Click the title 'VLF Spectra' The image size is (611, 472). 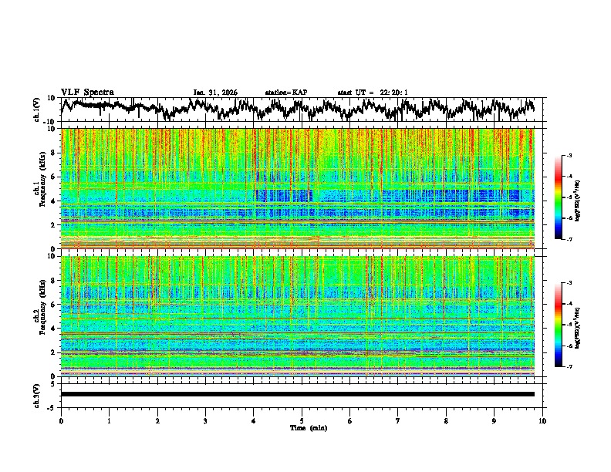click(x=87, y=92)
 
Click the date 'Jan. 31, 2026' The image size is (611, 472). click(x=215, y=93)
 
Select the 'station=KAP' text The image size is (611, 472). click(x=286, y=93)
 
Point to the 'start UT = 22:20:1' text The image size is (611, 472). click(x=373, y=93)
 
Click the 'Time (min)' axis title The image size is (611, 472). click(x=309, y=427)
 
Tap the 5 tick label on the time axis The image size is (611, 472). click(x=302, y=420)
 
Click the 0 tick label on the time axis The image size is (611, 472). click(x=61, y=420)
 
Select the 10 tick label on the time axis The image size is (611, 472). click(x=542, y=420)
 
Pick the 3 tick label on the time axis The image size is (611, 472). click(x=205, y=420)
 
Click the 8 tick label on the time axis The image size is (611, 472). click(x=446, y=420)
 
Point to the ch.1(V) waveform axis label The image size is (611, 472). click(x=36, y=110)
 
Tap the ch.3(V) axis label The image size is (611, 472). click(x=36, y=393)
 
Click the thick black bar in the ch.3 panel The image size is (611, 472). click(x=297, y=394)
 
